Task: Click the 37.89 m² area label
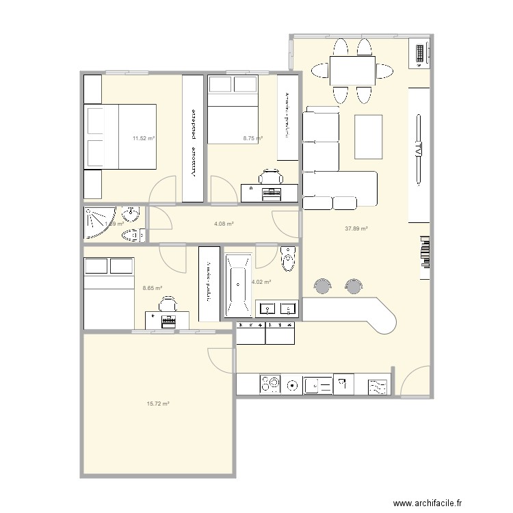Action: point(356,229)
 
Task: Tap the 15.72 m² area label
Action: point(158,404)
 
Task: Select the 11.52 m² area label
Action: point(144,138)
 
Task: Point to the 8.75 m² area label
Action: point(253,138)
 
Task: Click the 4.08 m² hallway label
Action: point(224,224)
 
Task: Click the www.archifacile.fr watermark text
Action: point(442,500)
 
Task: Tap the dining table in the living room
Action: point(352,70)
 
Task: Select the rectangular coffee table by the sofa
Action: point(369,136)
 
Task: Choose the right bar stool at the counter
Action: point(354,286)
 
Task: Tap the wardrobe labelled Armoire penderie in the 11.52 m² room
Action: point(192,138)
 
